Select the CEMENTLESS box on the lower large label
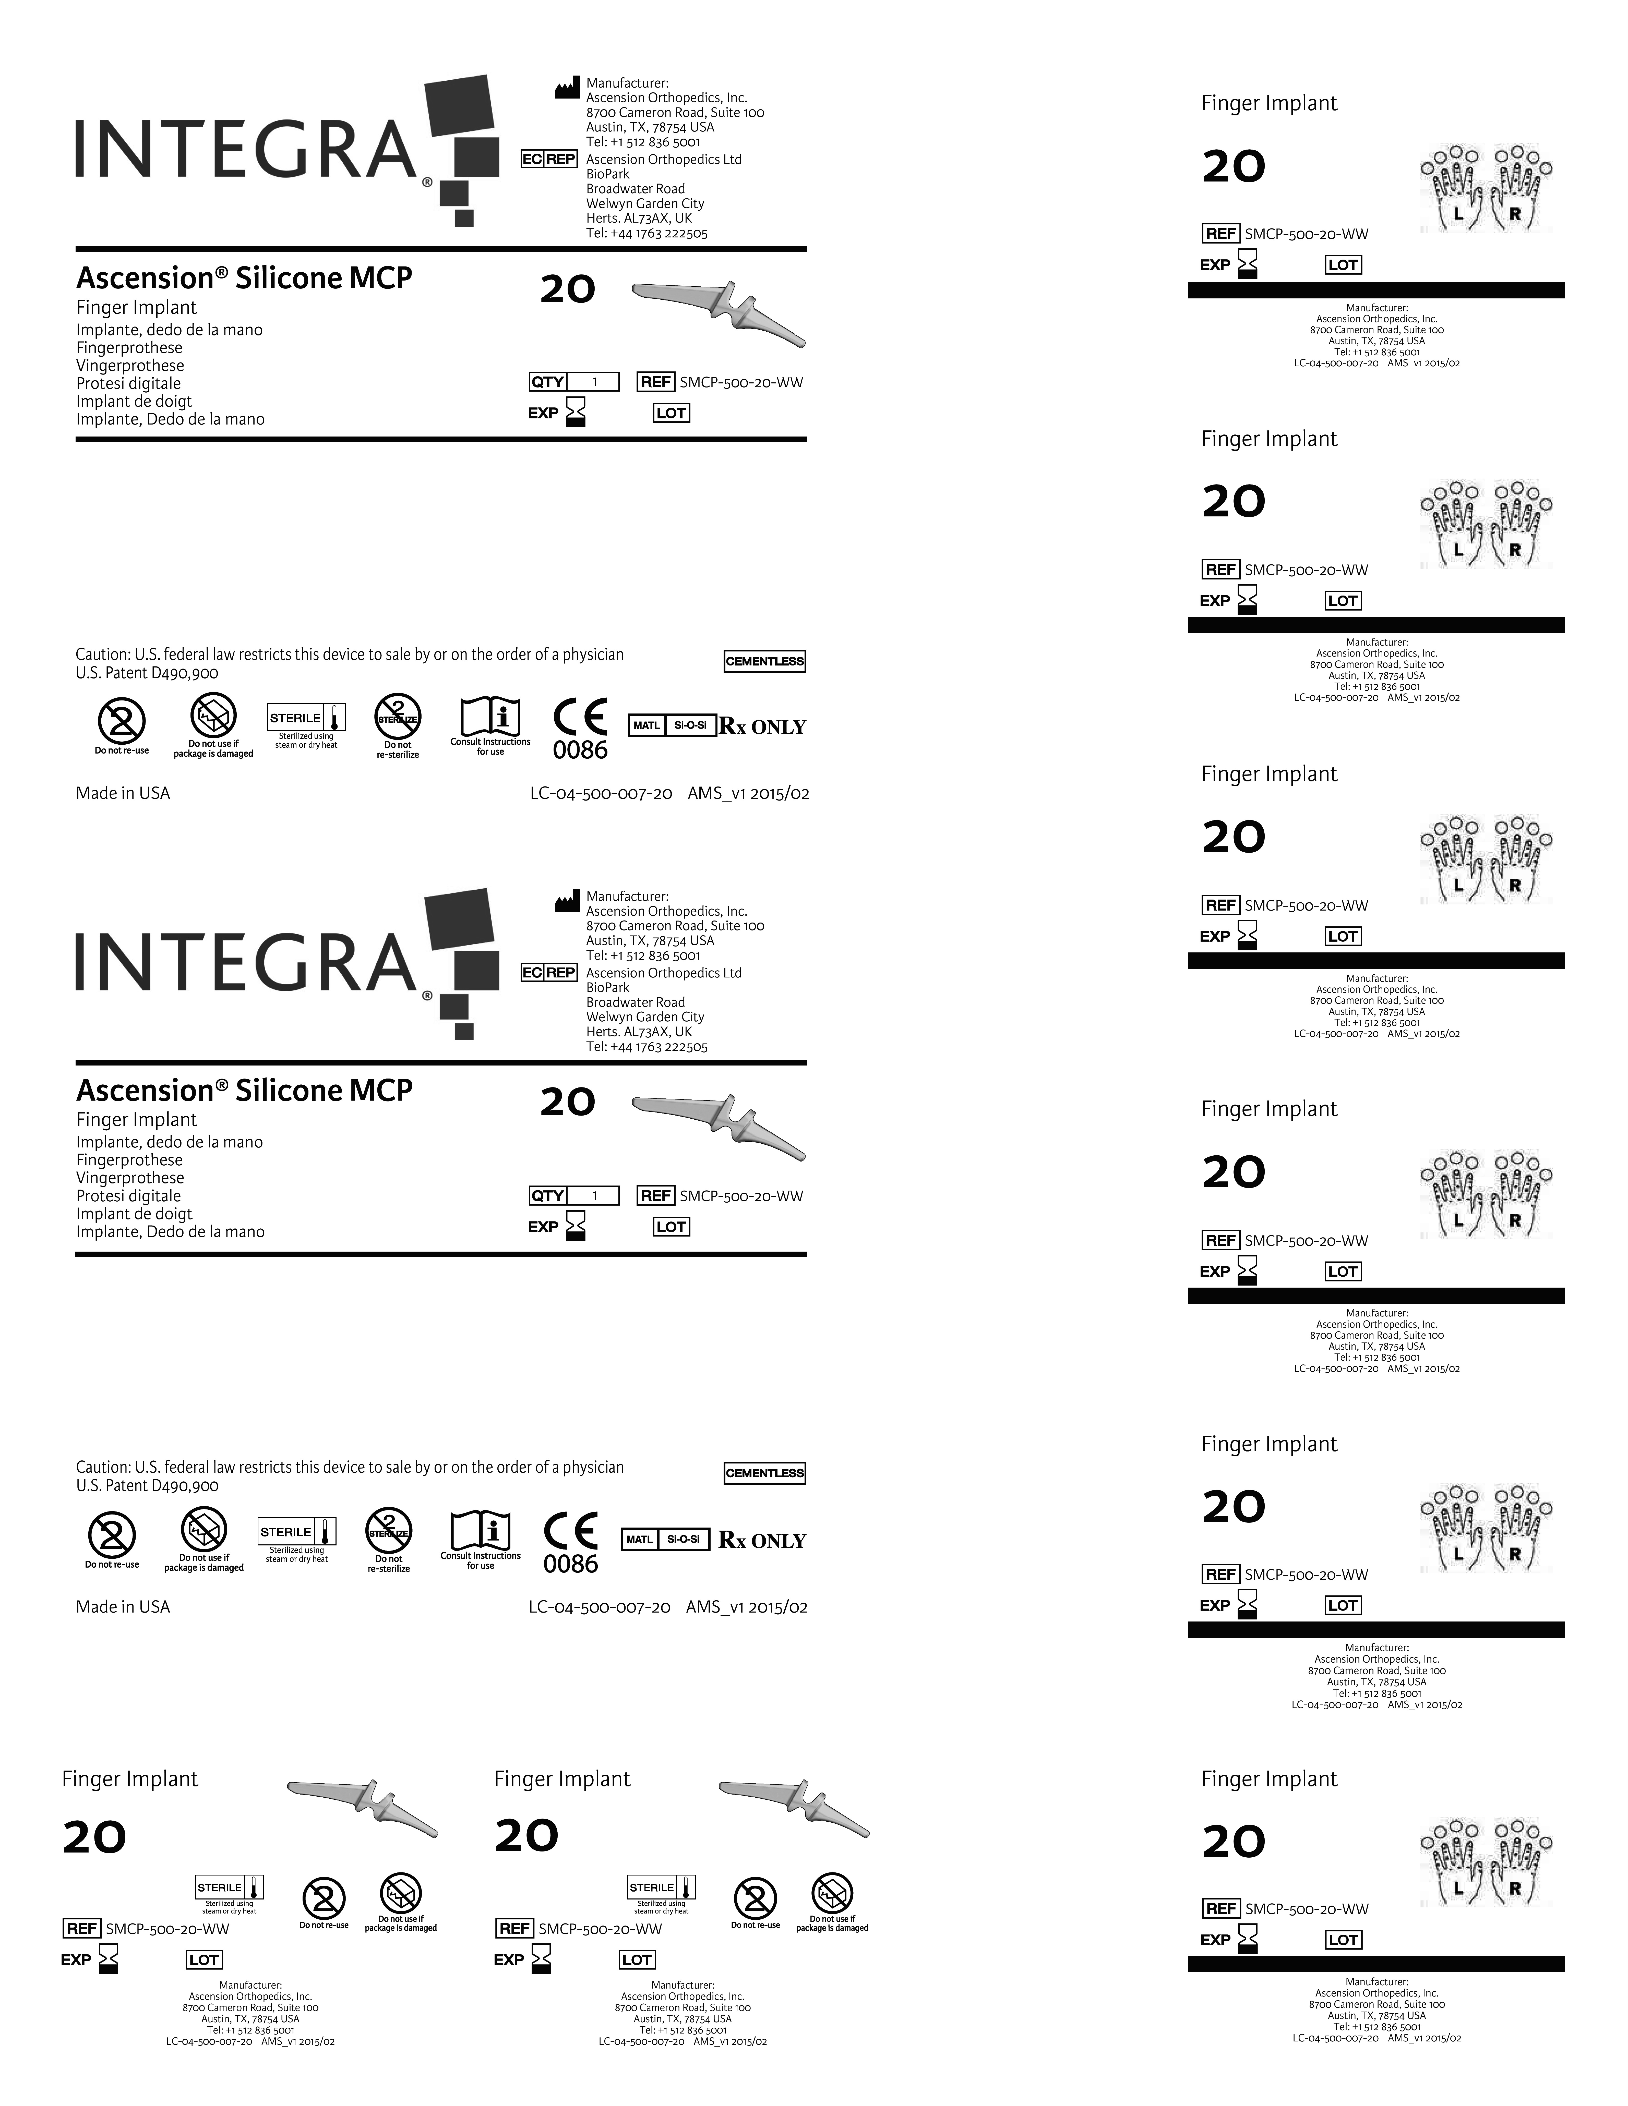pos(764,1473)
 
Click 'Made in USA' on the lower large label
pos(123,1606)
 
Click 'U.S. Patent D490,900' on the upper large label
pos(147,673)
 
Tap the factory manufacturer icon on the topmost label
pos(567,89)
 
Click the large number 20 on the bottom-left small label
pos(94,1838)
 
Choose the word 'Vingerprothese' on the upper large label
pos(130,366)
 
